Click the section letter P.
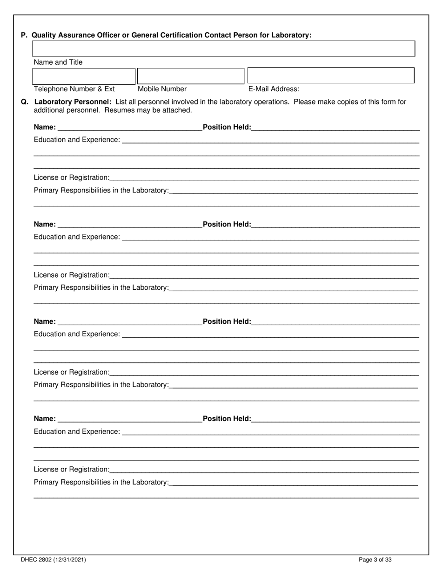(24, 35)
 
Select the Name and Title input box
(223, 48)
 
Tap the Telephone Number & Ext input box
(84, 75)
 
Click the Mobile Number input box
(191, 75)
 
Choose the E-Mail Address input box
(330, 75)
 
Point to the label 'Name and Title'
(58, 62)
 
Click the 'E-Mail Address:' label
(274, 89)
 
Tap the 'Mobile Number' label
(162, 89)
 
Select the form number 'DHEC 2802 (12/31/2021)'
(53, 560)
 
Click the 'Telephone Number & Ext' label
(74, 89)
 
